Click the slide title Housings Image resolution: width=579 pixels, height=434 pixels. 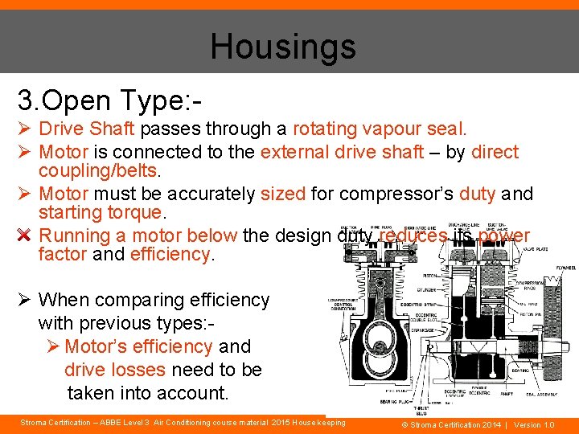click(x=283, y=46)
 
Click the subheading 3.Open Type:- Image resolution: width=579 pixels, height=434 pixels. click(x=109, y=100)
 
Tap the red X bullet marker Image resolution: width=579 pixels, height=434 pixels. click(x=24, y=235)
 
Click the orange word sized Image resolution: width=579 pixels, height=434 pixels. click(x=283, y=194)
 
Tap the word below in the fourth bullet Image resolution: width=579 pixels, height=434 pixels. click(x=211, y=235)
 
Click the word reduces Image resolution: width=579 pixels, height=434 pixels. click(x=414, y=235)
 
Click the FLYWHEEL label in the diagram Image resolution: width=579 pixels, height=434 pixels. click(x=561, y=268)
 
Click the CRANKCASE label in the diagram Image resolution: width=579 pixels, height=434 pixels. click(x=429, y=330)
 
